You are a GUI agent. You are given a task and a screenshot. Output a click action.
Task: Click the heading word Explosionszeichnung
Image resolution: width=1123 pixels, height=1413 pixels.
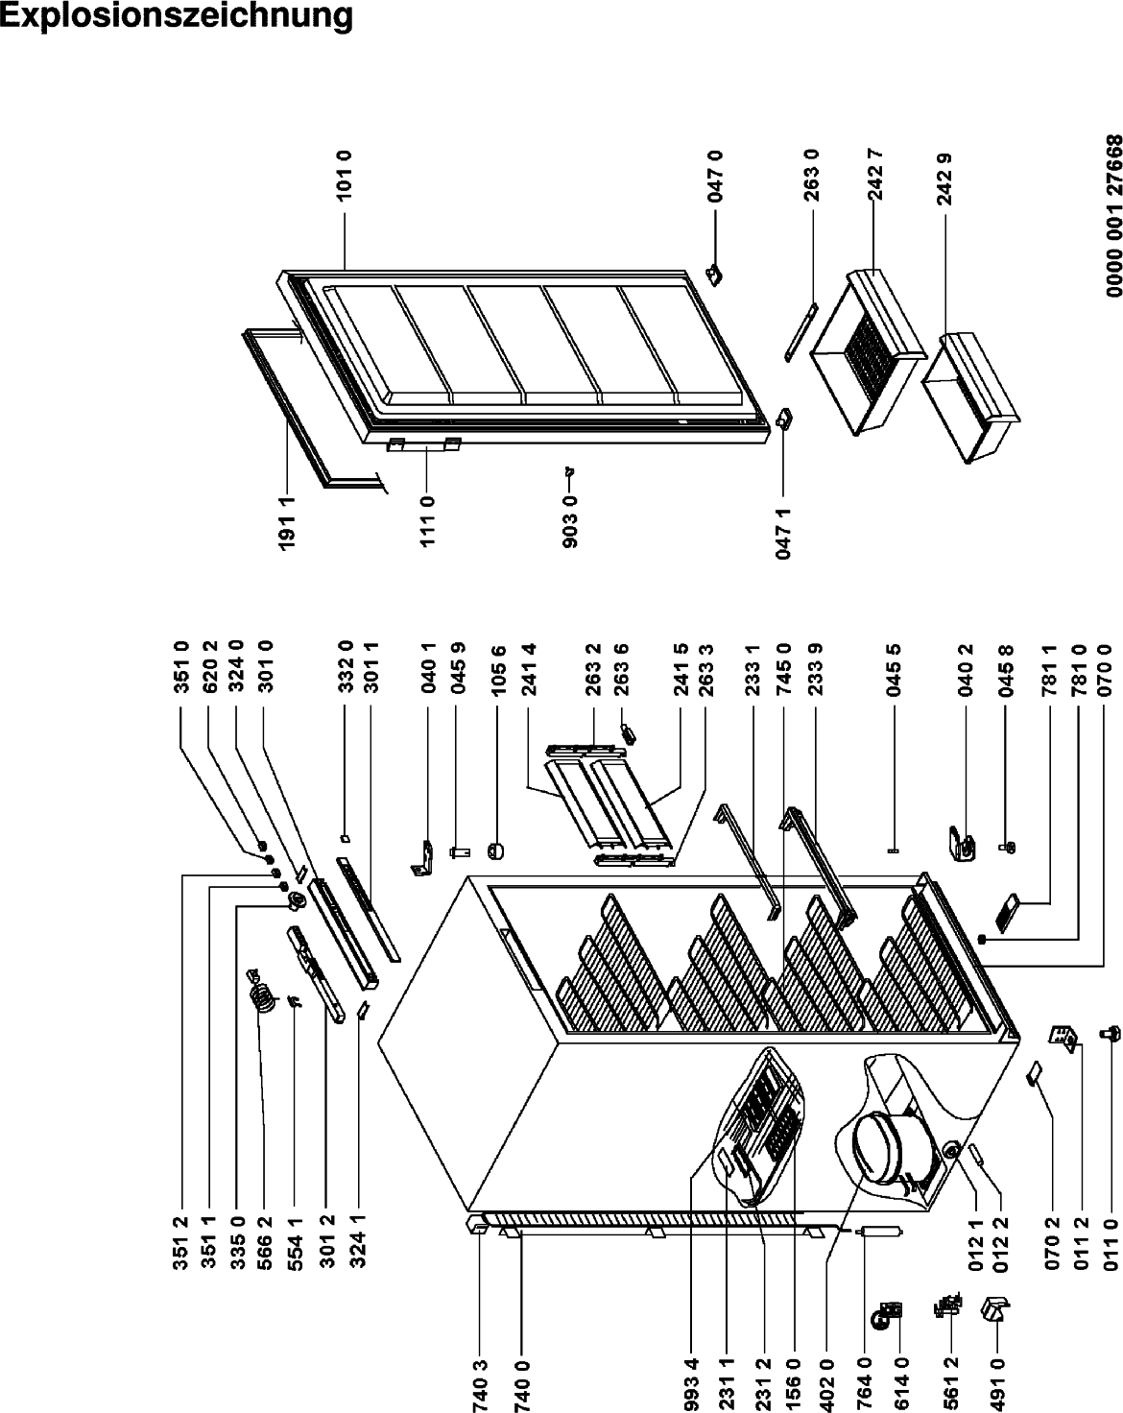coord(177,17)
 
